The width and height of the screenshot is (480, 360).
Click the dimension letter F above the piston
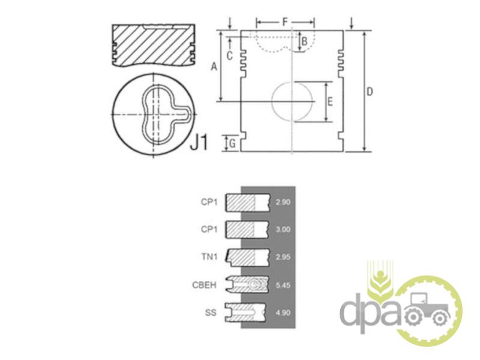(x=285, y=22)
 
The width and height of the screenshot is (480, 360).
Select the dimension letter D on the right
(x=370, y=91)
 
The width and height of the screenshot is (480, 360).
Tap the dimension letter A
(x=214, y=66)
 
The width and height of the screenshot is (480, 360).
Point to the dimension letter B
(x=304, y=41)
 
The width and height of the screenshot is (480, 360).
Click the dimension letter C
(x=230, y=56)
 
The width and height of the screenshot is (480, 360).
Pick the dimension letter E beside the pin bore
(x=329, y=101)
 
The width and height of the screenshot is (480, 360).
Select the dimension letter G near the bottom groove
(x=233, y=143)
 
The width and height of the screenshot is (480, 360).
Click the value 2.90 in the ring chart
(x=283, y=202)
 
